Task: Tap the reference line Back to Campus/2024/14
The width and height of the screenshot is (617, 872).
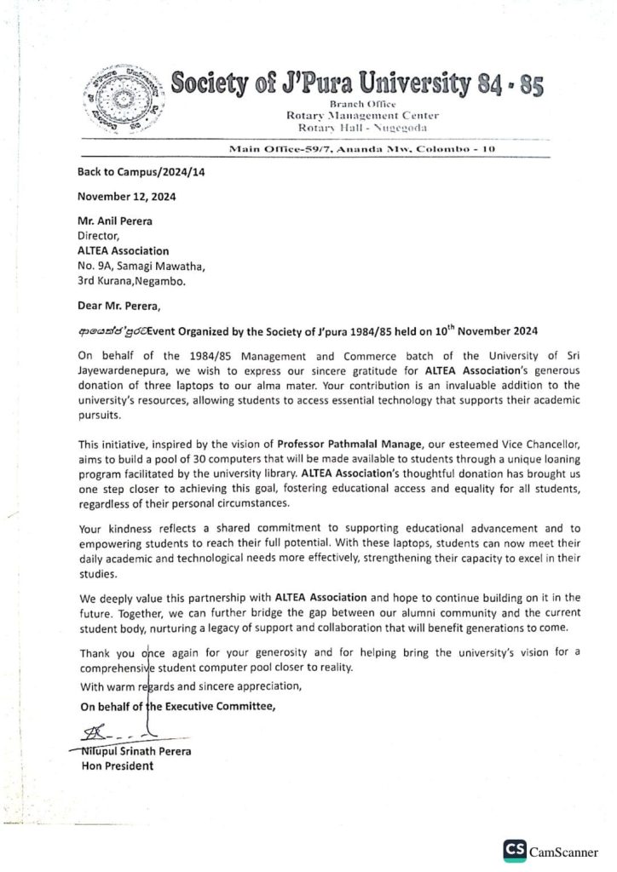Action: [130, 171]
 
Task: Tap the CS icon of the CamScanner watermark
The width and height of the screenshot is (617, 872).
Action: [515, 849]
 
